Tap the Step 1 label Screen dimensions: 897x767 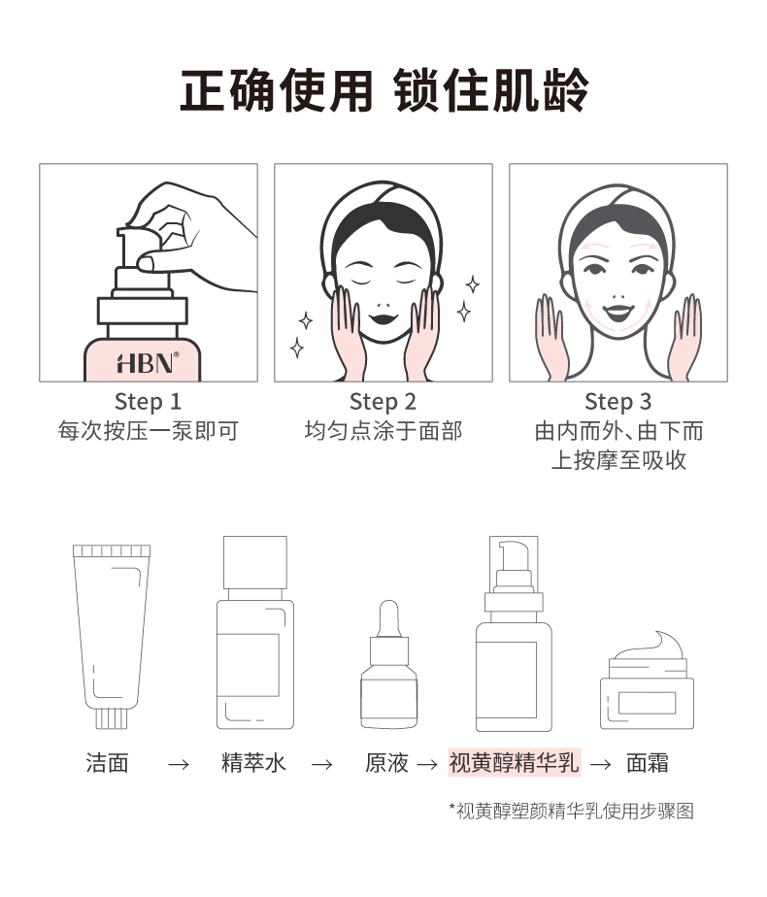click(148, 402)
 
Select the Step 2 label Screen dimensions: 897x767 click(383, 402)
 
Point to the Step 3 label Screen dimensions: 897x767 click(617, 402)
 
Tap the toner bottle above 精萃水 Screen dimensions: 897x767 click(254, 631)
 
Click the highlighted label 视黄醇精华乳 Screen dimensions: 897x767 click(514, 763)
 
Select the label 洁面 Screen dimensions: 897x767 click(107, 763)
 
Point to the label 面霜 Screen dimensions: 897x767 click(648, 763)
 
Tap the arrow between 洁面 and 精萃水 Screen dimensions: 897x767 click(178, 764)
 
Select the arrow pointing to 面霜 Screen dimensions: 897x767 click(601, 764)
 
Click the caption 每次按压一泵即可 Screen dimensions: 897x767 click(148, 431)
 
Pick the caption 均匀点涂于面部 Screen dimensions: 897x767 click(383, 431)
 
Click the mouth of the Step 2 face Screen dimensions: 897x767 click(383, 316)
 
